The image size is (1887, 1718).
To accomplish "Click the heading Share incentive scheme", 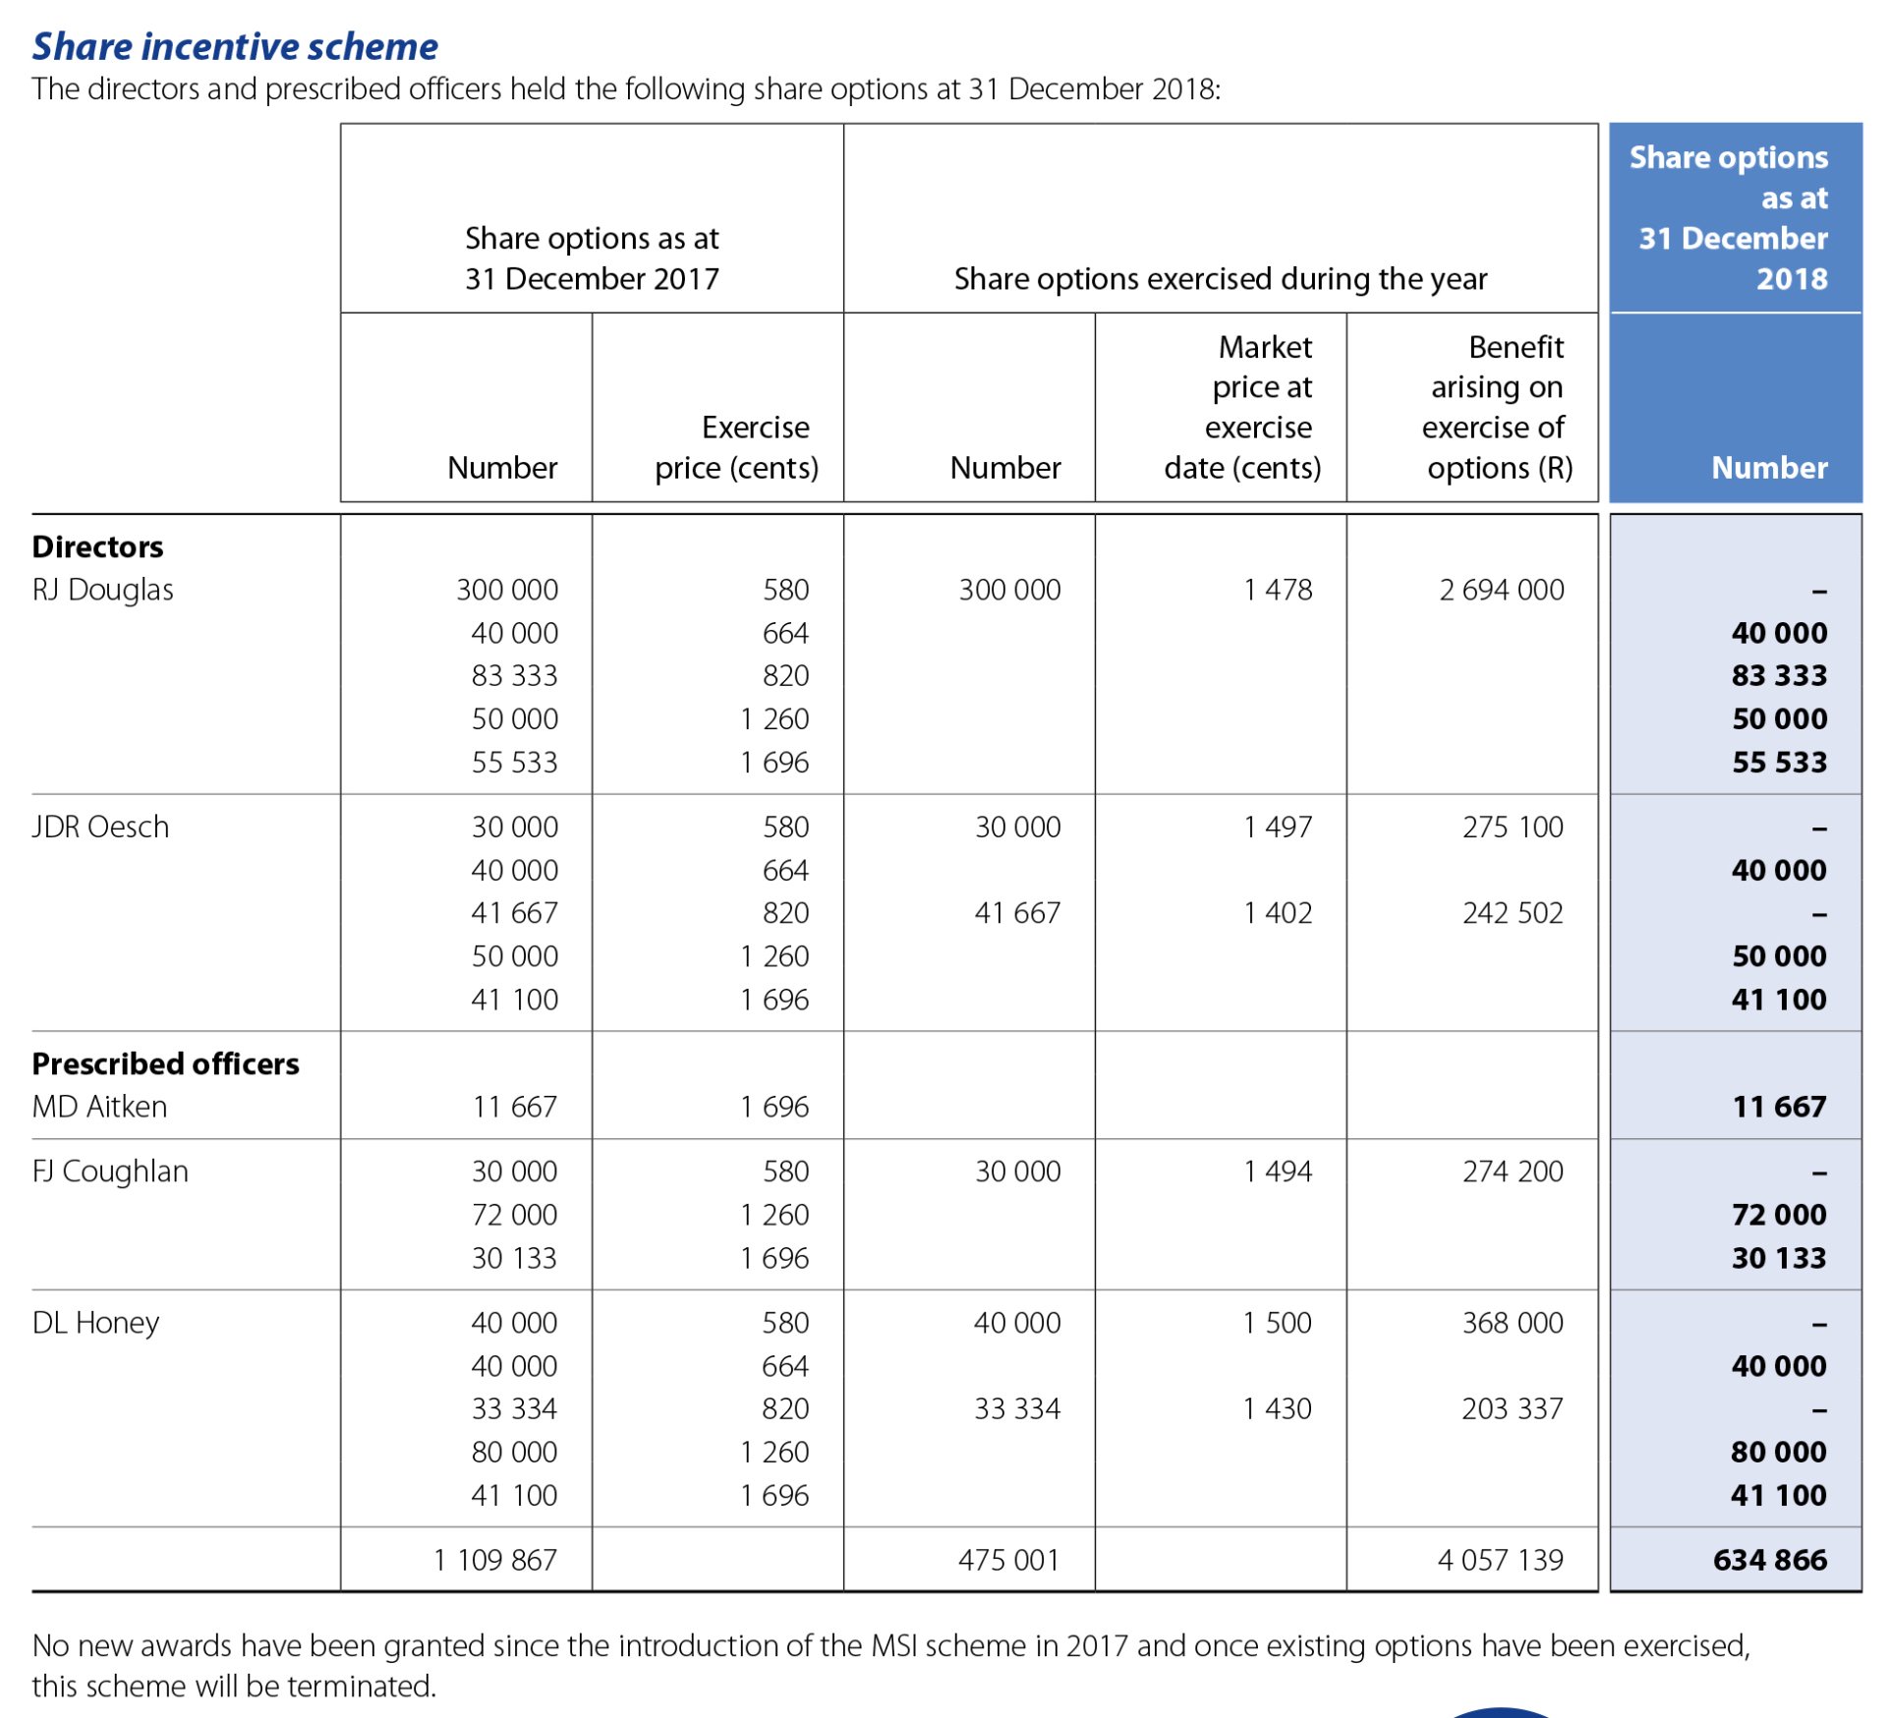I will click(x=235, y=46).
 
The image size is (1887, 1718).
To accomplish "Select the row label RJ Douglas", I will click(x=102, y=590).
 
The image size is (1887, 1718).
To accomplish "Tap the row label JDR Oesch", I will click(x=100, y=827).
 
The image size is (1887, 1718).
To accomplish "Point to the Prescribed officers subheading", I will click(x=165, y=1063).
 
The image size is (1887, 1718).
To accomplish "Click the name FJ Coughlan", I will click(x=110, y=1172).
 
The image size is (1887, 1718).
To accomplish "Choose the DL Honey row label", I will click(x=95, y=1323).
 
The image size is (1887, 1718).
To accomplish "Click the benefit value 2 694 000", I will click(x=1501, y=590).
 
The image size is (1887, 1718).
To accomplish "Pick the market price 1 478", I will click(x=1277, y=590).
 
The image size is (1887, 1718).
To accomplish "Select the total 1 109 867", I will click(x=495, y=1560).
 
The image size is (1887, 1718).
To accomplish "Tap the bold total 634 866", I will click(x=1769, y=1560).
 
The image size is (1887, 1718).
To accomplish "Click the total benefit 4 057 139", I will click(x=1500, y=1560).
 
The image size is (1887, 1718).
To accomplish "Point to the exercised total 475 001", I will click(x=1008, y=1560).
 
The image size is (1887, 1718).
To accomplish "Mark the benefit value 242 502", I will click(x=1512, y=913).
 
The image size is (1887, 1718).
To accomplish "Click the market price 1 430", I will click(x=1277, y=1408).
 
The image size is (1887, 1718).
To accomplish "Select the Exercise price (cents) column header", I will click(x=736, y=447).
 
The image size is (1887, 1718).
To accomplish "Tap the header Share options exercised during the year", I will click(x=1220, y=279).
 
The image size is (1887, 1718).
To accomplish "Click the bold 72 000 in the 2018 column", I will click(x=1778, y=1215).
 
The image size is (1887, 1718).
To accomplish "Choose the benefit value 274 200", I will click(x=1512, y=1172).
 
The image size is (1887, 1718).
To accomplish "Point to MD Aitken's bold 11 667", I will click(x=1778, y=1107).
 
